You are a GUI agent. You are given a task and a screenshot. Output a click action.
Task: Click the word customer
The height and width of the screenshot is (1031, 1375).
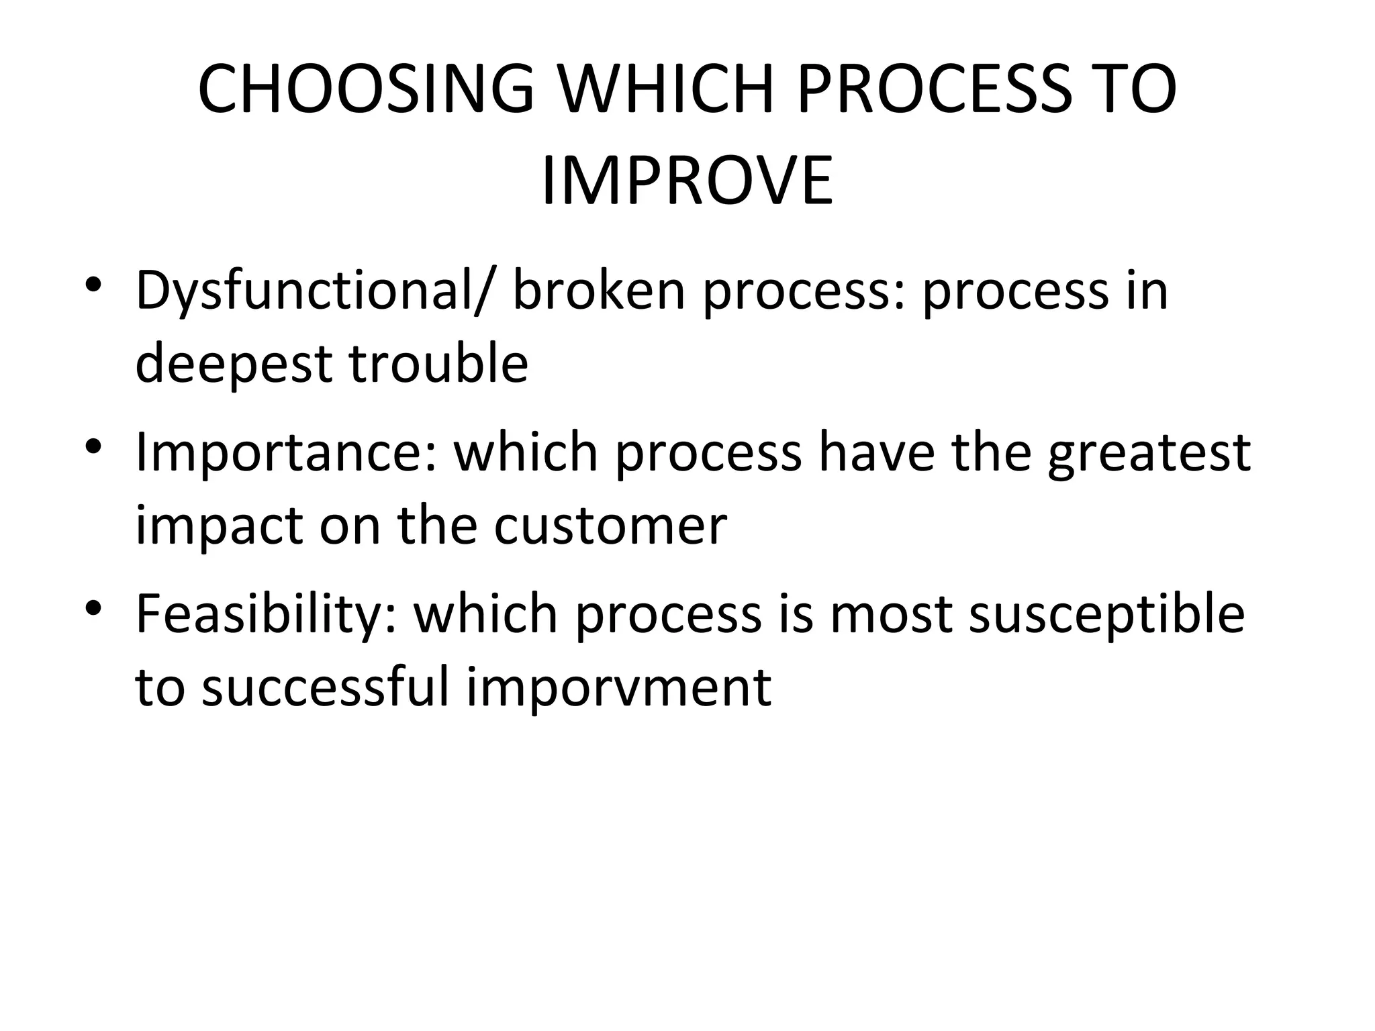click(x=610, y=525)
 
